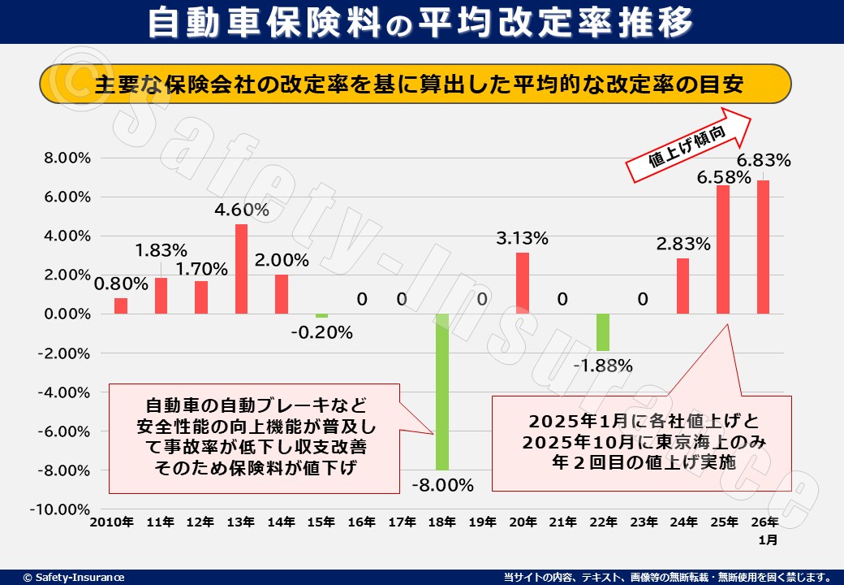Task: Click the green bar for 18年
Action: click(x=441, y=392)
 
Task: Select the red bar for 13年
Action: click(x=241, y=269)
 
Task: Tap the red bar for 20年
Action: click(x=523, y=283)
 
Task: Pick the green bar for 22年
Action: click(x=602, y=332)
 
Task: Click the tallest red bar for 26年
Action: click(x=763, y=247)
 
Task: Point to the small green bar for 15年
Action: click(x=321, y=316)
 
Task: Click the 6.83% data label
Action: click(x=763, y=160)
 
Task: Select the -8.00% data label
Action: click(x=441, y=485)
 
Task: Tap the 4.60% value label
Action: click(x=241, y=210)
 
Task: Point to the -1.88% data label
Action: click(x=602, y=366)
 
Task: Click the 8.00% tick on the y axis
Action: click(x=68, y=158)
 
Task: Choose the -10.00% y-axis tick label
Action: click(x=64, y=509)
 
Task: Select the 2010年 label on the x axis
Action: click(x=113, y=522)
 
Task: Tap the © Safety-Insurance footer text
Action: click(x=74, y=577)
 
